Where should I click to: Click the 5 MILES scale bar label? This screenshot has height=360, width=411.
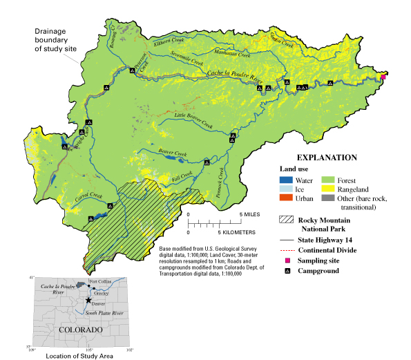click(x=249, y=214)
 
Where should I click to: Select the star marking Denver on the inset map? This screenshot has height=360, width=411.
click(x=88, y=301)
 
